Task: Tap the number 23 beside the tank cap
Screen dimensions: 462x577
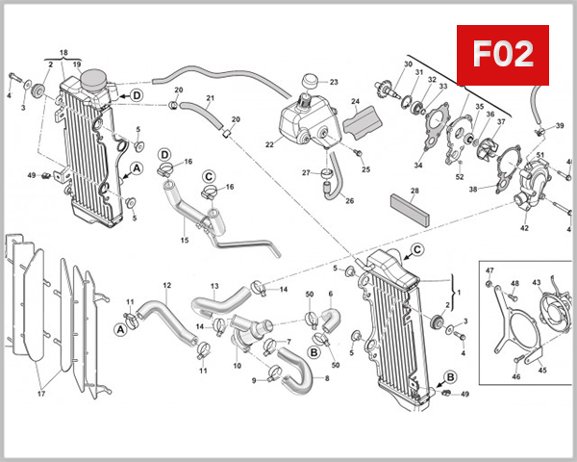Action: point(334,82)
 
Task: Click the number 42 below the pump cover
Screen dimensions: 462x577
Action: point(524,228)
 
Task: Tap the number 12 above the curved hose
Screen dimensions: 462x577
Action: point(166,285)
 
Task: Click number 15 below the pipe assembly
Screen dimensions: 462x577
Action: point(184,240)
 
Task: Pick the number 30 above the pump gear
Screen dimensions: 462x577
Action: point(408,64)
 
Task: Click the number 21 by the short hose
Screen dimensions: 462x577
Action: point(210,99)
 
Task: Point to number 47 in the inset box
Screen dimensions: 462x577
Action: point(489,270)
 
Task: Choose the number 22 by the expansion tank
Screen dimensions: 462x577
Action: point(270,144)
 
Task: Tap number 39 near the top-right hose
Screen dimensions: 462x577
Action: point(561,126)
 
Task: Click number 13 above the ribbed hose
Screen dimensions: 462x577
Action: point(214,286)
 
